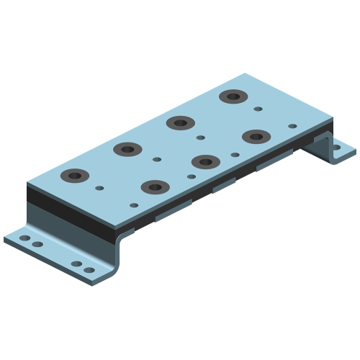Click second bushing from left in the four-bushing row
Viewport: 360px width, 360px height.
tap(127, 149)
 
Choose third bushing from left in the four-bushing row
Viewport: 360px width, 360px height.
tap(178, 122)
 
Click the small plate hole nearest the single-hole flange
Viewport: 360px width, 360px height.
tap(292, 126)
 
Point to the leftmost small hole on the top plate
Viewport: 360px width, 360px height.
tap(100, 189)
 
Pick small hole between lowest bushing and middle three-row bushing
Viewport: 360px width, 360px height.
tap(191, 176)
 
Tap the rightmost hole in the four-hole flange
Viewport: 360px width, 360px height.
tap(89, 271)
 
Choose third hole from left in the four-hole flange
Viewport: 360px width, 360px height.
tap(76, 264)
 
